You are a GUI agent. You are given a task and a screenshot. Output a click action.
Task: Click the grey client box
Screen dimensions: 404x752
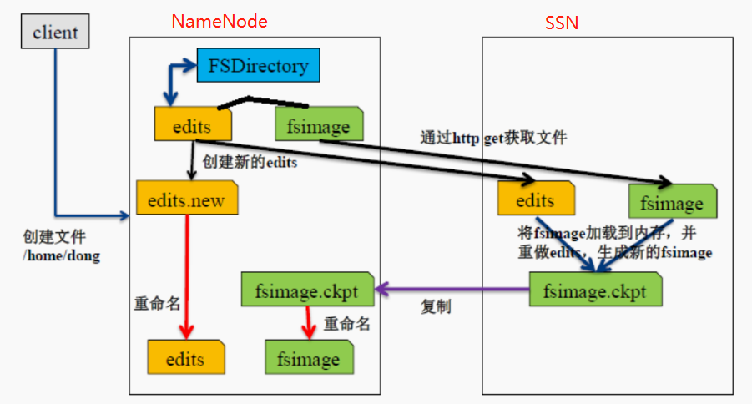[55, 33]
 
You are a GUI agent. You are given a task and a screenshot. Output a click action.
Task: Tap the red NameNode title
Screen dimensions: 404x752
[220, 22]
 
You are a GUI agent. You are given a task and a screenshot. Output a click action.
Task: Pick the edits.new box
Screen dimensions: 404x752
[186, 200]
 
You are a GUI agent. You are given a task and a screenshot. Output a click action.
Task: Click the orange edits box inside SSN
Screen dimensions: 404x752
[536, 200]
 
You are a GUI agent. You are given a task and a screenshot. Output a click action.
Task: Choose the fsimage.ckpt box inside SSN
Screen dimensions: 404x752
[596, 292]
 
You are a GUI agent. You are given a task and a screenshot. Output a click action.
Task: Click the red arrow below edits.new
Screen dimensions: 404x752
[187, 275]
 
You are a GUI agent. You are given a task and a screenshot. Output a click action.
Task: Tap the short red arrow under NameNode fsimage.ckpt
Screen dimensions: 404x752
[309, 322]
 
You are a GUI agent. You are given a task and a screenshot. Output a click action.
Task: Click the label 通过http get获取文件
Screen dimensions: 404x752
[494, 138]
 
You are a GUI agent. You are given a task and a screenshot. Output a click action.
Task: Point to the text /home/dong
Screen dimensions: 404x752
[61, 257]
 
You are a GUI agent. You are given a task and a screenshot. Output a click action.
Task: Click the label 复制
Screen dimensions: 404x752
[435, 307]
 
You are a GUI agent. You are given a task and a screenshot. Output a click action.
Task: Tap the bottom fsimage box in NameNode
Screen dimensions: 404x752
[309, 358]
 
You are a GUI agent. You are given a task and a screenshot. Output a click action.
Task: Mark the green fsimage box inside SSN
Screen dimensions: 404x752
[672, 201]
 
